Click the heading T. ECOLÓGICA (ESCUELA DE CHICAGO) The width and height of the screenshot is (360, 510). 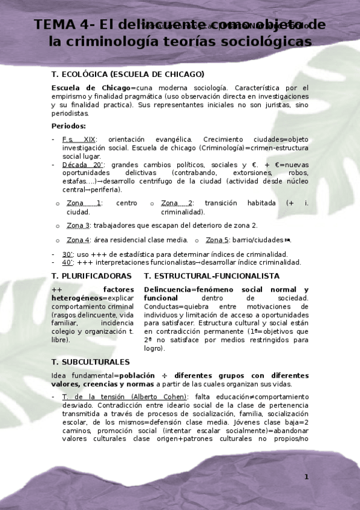click(x=127, y=75)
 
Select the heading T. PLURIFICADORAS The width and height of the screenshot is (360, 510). click(x=91, y=276)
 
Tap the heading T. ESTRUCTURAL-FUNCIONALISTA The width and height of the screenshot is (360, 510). click(x=212, y=276)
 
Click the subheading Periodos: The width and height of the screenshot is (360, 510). click(x=69, y=126)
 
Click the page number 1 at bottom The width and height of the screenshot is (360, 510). click(x=306, y=477)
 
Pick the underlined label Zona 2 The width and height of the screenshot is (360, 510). click(x=177, y=203)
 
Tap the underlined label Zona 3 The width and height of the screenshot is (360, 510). click(x=78, y=226)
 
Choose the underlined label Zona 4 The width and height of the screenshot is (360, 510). click(x=78, y=241)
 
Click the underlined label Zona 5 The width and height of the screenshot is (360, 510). click(x=218, y=241)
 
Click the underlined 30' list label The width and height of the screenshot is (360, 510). click(x=67, y=254)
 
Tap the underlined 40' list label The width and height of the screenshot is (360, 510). click(x=67, y=262)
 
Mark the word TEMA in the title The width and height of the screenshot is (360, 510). click(x=57, y=25)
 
